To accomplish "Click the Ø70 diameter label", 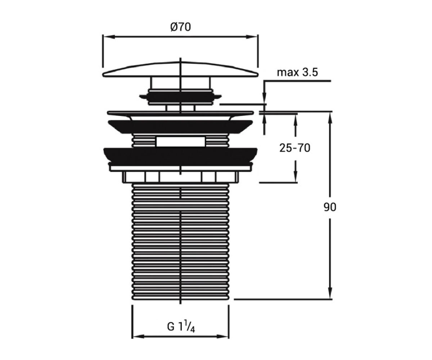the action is point(180,27).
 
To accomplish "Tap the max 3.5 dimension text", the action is point(297,72).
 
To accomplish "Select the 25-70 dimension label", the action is point(294,148).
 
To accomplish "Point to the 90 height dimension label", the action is point(330,207).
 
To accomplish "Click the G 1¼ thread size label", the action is point(181,327).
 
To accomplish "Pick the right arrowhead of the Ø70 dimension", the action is point(252,37).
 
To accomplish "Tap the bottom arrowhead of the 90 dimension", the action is point(330,292).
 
